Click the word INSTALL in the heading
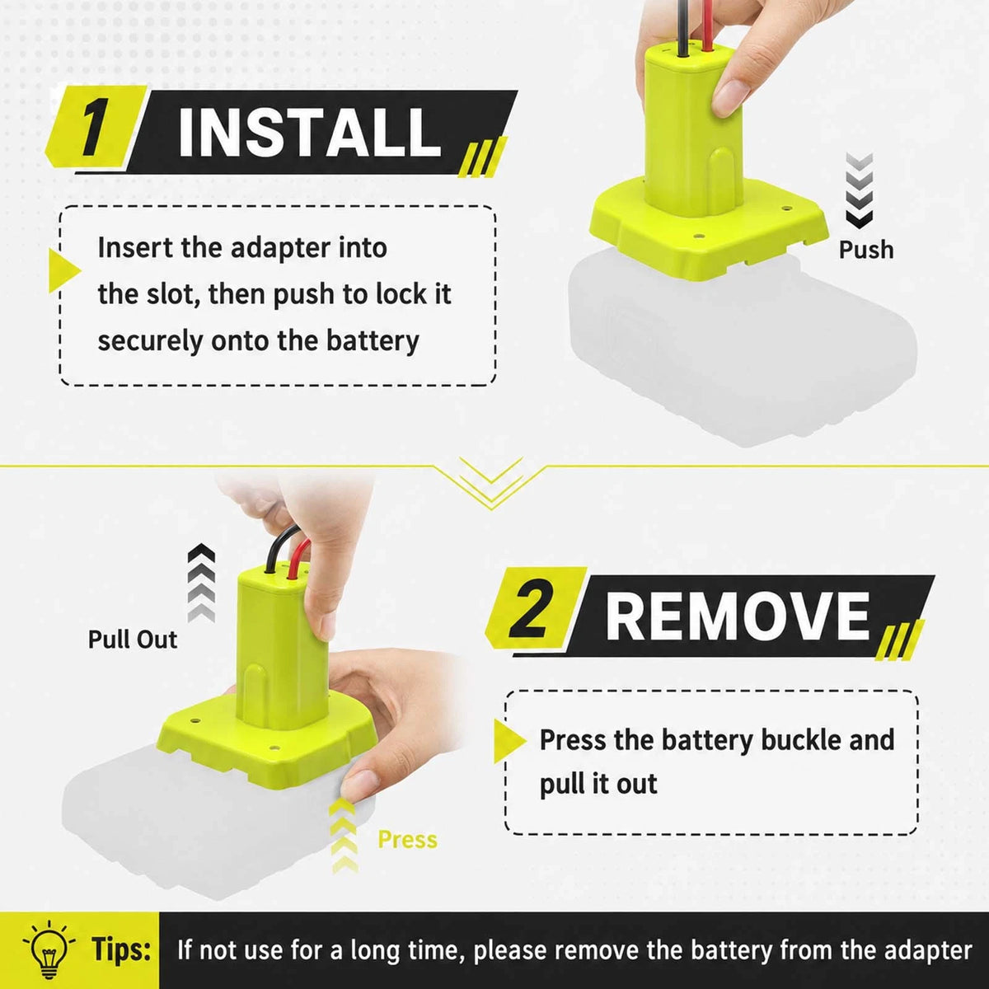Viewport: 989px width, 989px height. click(310, 132)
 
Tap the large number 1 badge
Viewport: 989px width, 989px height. click(95, 127)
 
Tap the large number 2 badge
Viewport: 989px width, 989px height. click(534, 611)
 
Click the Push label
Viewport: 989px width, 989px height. click(866, 251)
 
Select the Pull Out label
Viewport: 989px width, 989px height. click(133, 640)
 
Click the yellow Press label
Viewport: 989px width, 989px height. click(407, 840)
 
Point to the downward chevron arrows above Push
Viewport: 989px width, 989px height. click(859, 190)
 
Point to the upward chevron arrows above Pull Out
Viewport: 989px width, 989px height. click(201, 583)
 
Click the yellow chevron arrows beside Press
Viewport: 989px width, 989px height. click(344, 836)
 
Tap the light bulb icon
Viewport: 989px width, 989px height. click(49, 949)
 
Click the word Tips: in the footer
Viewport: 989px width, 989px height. click(122, 949)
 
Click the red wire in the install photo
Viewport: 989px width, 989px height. click(708, 25)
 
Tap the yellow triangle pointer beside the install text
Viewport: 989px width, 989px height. click(64, 271)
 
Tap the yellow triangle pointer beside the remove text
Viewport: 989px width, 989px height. click(509, 741)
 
